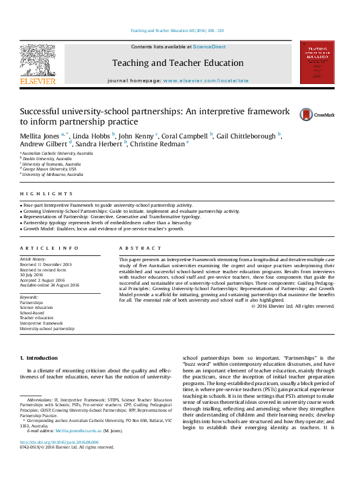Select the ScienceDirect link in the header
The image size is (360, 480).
pos(210,46)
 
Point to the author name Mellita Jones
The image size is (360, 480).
pos(40,135)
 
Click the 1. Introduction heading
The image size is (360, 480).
pos(39,358)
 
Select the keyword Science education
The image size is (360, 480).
pos(36,307)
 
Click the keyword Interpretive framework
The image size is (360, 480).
pos(41,323)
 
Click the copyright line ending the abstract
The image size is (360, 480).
pos(292,306)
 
